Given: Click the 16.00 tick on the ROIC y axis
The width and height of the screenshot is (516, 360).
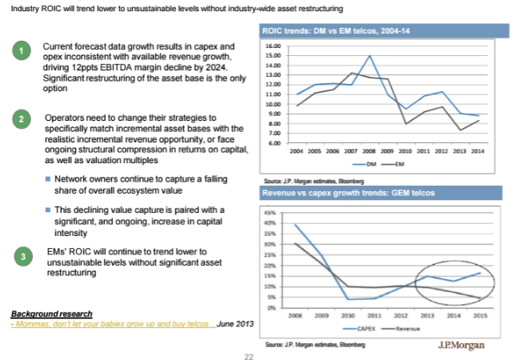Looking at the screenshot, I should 272,46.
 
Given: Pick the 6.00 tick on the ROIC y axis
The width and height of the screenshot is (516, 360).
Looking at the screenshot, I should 274,143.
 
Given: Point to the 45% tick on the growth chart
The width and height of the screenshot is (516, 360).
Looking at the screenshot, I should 270,213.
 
